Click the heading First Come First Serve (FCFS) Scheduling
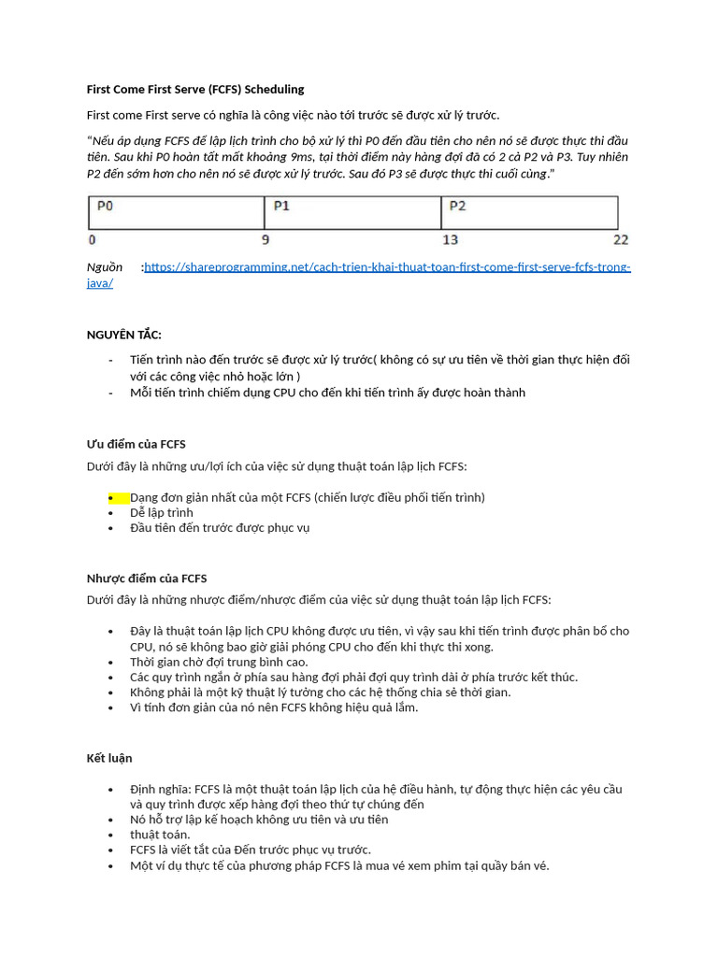point(195,90)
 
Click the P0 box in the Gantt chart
point(176,213)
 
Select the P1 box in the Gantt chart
point(352,213)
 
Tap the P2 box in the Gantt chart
point(528,213)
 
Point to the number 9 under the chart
point(265,240)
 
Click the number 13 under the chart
point(450,240)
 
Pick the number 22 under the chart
point(621,240)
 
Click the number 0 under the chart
point(91,240)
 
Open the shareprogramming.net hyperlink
point(387,267)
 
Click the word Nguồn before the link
point(105,267)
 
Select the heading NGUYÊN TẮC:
point(124,335)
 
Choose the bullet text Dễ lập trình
point(162,512)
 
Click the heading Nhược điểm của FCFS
point(147,578)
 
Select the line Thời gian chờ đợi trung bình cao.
point(219,662)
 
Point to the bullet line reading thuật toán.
point(160,835)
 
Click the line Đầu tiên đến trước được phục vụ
point(220,528)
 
